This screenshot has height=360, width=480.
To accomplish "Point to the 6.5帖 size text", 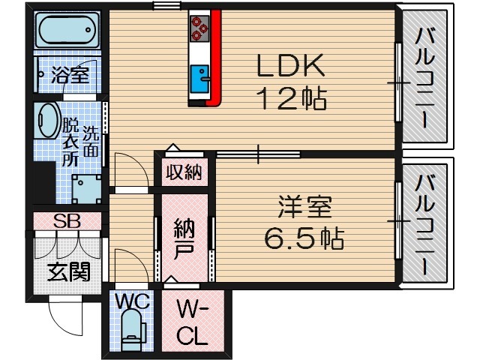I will click(303, 238).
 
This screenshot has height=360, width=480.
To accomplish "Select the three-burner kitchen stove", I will click(200, 27).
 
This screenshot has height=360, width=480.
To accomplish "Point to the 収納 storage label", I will click(184, 172).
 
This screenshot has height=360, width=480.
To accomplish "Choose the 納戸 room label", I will click(184, 238).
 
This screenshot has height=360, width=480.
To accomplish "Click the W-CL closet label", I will click(191, 322).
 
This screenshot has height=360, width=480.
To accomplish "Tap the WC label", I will click(133, 301).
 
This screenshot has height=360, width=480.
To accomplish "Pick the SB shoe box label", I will click(66, 222).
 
